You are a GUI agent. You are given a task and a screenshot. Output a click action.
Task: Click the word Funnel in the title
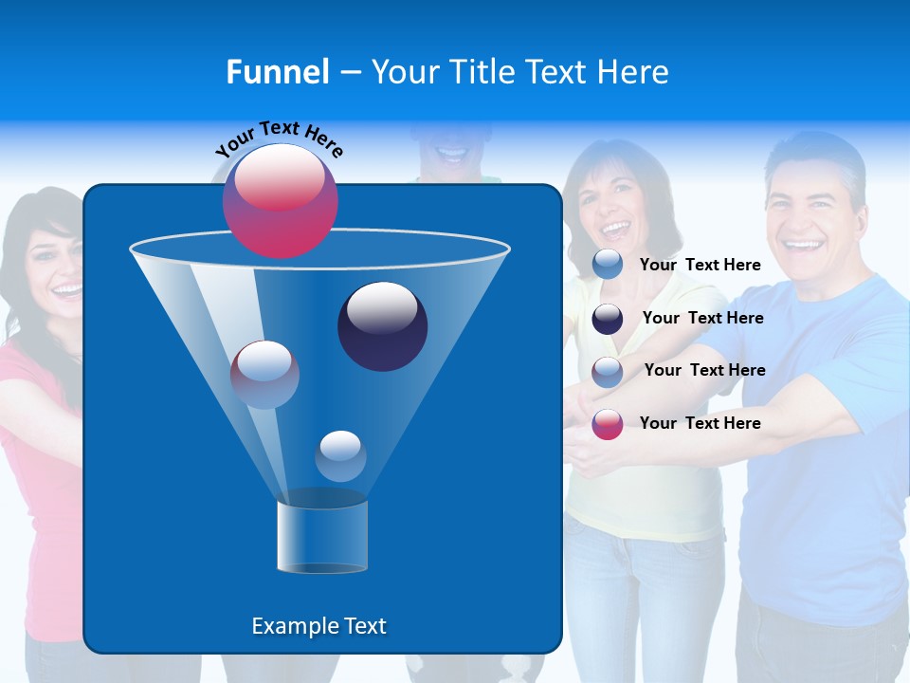[x=277, y=72]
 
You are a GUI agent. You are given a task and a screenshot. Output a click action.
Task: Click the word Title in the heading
[x=482, y=72]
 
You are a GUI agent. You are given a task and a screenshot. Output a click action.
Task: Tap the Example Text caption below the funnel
[x=318, y=626]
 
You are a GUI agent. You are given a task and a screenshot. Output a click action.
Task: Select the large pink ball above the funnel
[x=281, y=201]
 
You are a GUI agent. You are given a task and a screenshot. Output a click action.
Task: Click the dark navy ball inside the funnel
[x=383, y=326]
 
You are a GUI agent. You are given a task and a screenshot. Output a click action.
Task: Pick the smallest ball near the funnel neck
[x=340, y=456]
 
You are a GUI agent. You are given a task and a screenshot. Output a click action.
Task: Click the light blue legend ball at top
[x=608, y=265]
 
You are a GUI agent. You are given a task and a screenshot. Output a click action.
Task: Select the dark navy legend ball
[x=608, y=319]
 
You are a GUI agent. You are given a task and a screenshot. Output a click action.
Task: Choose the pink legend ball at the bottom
[x=608, y=424]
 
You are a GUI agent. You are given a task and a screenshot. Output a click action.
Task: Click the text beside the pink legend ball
[x=700, y=423]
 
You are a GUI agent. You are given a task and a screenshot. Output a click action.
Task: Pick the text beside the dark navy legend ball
[x=702, y=318]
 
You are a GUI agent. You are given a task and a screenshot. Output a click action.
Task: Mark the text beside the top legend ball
[x=700, y=265]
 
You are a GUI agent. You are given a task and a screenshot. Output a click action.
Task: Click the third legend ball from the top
[x=608, y=371]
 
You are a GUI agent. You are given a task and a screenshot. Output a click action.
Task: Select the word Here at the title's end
[x=634, y=72]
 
